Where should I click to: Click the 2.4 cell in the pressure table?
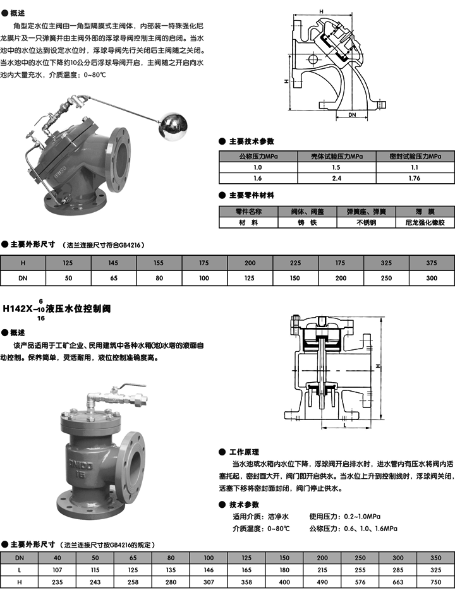point(336,179)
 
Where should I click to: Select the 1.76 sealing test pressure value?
point(415,179)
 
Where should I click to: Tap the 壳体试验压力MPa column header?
point(336,156)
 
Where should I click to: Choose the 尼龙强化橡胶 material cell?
point(425,222)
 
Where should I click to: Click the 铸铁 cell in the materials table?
point(306,222)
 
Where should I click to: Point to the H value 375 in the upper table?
point(431,262)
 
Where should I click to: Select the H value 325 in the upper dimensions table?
point(385,262)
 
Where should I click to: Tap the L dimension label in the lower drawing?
point(344,426)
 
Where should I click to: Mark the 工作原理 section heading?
point(244,452)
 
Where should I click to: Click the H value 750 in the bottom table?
point(436,582)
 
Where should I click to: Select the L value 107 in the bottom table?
point(58,570)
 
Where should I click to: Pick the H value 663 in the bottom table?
point(398,582)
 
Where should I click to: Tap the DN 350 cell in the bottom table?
point(436,557)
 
